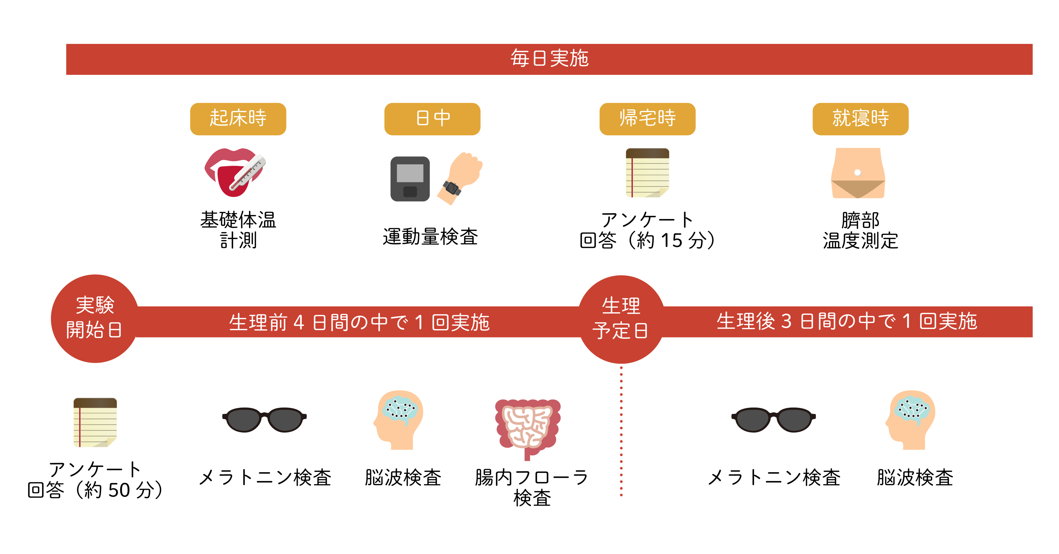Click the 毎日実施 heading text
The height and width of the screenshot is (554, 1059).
pyautogui.click(x=549, y=59)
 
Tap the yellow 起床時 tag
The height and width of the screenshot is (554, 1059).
pyautogui.click(x=238, y=119)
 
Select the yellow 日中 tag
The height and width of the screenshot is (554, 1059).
pyautogui.click(x=432, y=119)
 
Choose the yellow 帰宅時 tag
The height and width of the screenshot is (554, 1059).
pyautogui.click(x=648, y=119)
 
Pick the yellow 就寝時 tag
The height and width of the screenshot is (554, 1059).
pyautogui.click(x=861, y=119)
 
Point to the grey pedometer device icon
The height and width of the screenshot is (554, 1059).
pyautogui.click(x=410, y=179)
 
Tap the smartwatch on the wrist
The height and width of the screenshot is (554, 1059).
pyautogui.click(x=452, y=188)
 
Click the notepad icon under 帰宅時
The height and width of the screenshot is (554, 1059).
pyautogui.click(x=648, y=173)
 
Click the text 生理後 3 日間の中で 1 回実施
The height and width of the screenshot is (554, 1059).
pyautogui.click(x=847, y=321)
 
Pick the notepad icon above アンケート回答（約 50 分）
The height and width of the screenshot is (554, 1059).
pyautogui.click(x=95, y=422)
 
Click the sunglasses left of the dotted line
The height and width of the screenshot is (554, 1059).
pyautogui.click(x=264, y=419)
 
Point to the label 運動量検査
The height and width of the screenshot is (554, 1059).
pyautogui.click(x=430, y=237)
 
